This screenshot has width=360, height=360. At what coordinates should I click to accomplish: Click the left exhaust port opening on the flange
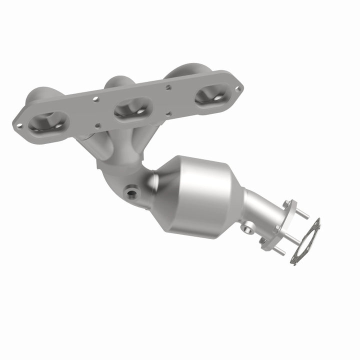point(48,123)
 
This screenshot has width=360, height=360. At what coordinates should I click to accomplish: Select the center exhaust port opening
point(132,107)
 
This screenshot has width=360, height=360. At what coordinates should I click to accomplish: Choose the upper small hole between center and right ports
point(168,87)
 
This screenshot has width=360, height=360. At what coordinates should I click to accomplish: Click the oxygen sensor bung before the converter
point(132,191)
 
